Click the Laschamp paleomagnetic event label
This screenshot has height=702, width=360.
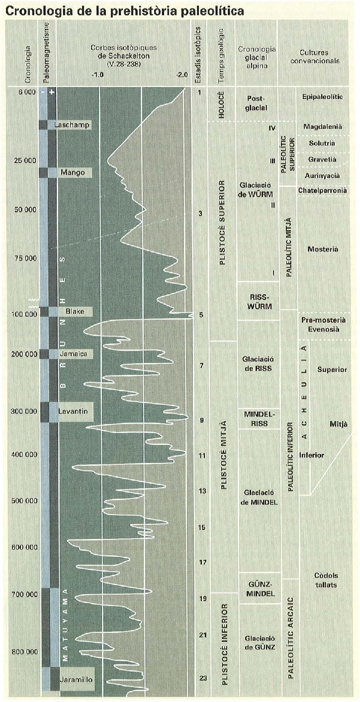pyautogui.click(x=72, y=125)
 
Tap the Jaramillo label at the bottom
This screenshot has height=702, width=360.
pyautogui.click(x=75, y=679)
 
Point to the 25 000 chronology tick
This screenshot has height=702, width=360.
pyautogui.click(x=25, y=161)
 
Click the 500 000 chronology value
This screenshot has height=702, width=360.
pyautogui.click(x=24, y=501)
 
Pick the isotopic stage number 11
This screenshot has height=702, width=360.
pyautogui.click(x=202, y=455)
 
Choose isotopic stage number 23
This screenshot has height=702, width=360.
pyautogui.click(x=202, y=678)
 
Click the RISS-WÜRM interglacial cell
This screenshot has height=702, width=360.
pyautogui.click(x=259, y=300)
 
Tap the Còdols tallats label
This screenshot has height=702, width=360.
pyautogui.click(x=326, y=580)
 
